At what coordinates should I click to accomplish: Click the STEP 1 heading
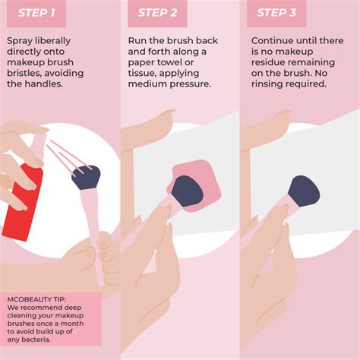(36, 13)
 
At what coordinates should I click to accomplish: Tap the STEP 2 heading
(157, 13)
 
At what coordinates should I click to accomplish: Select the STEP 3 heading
(276, 13)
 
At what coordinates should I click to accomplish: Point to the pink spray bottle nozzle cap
(39, 144)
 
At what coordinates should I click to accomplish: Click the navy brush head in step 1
(86, 177)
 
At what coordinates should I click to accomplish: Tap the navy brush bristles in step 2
(188, 191)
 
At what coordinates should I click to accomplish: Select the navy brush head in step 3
(304, 191)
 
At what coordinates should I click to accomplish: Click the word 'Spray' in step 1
(20, 41)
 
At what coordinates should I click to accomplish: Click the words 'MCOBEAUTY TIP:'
(36, 299)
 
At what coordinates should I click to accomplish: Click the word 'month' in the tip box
(74, 324)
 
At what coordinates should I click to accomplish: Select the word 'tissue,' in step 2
(142, 73)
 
